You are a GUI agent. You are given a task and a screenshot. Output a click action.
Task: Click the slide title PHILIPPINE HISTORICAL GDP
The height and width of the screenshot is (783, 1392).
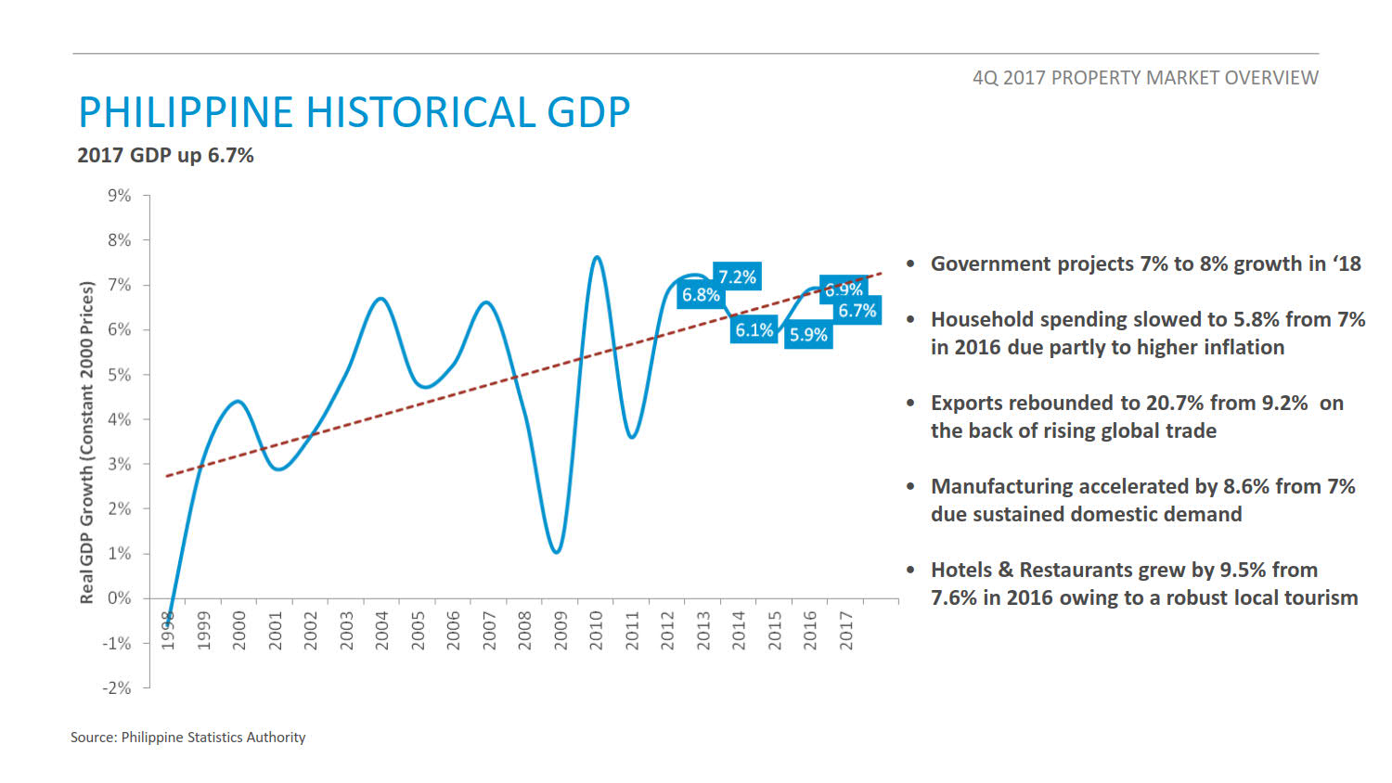click(x=354, y=112)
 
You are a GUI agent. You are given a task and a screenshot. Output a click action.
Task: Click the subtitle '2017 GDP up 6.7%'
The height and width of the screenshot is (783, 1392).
click(x=165, y=155)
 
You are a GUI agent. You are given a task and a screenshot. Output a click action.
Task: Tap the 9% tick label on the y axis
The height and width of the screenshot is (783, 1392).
click(x=120, y=196)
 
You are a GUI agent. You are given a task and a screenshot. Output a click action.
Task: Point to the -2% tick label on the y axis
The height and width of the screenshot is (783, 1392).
click(x=117, y=687)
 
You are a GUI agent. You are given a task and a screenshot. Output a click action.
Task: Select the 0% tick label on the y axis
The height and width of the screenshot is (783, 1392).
click(x=120, y=598)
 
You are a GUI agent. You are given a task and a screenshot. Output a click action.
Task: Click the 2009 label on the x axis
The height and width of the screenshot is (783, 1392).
click(x=561, y=630)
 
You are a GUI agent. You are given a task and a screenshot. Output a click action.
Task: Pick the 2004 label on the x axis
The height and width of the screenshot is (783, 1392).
click(x=381, y=630)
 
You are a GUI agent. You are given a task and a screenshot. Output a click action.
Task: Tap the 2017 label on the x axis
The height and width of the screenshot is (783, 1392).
click(x=846, y=630)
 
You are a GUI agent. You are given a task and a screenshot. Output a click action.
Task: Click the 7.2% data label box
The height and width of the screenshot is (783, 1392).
click(x=737, y=276)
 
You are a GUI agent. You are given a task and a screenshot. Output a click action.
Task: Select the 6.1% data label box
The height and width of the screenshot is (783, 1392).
click(x=754, y=330)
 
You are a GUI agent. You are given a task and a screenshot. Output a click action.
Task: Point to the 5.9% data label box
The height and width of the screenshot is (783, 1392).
click(x=808, y=335)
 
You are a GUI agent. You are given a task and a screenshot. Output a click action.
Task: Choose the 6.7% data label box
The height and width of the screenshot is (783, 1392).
click(x=857, y=311)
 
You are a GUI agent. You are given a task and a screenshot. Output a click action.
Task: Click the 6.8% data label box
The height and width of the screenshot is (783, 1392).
click(x=701, y=295)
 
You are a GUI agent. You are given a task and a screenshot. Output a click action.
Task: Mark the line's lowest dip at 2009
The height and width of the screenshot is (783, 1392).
click(x=556, y=552)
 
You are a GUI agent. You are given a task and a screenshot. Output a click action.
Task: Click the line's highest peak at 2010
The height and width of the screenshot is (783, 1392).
click(x=597, y=257)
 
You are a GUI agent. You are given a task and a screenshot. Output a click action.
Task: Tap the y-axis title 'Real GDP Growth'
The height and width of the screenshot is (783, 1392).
click(x=87, y=443)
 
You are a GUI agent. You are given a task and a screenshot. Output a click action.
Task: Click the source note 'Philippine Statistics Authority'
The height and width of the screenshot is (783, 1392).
click(x=213, y=738)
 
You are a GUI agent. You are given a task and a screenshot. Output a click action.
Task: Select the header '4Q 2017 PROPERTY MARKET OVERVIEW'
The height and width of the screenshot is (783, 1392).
click(x=1145, y=78)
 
